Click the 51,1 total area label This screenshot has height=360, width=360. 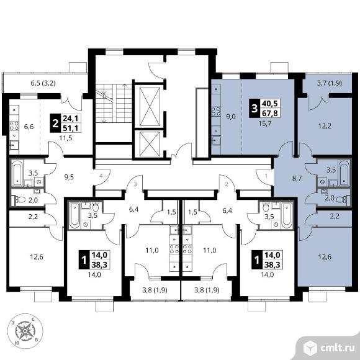[x=71, y=128]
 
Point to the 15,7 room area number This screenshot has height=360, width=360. [x=265, y=124]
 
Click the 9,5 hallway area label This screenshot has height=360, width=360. [x=69, y=177]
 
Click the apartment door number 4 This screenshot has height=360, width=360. [x=101, y=176]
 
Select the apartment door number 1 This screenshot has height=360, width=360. [x=266, y=176]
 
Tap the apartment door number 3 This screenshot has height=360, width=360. [x=135, y=184]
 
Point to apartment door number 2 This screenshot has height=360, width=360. [x=227, y=184]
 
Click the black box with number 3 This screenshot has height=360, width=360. [x=254, y=109]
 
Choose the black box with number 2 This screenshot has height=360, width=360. [x=55, y=124]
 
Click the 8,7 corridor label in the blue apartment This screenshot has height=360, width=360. [x=297, y=178]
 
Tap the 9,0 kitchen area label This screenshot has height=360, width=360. [x=231, y=117]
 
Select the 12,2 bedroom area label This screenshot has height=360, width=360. [x=325, y=126]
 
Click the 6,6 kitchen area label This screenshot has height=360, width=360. [x=29, y=127]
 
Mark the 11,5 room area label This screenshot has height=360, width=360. [x=66, y=138]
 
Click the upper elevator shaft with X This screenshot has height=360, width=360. [x=150, y=107]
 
